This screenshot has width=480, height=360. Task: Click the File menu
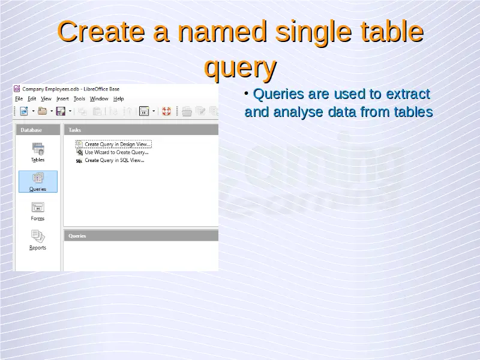point(19,98)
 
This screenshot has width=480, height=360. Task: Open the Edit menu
point(32,98)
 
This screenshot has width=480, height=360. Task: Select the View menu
point(46,98)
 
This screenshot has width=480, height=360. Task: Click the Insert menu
point(62,98)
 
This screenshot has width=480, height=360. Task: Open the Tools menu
point(79,98)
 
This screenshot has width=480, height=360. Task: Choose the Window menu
point(99,98)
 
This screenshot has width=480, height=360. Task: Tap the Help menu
point(118,98)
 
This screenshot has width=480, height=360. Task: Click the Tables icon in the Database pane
point(38,152)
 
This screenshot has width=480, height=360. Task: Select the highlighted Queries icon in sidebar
point(38,182)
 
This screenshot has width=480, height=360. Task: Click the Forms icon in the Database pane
point(38,211)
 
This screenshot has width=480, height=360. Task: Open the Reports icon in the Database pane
point(38,241)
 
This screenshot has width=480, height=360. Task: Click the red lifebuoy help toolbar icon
point(166,111)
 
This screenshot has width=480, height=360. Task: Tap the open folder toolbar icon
point(42,111)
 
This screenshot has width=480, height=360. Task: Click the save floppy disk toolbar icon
point(61,111)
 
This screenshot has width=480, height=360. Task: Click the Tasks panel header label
point(74,130)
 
